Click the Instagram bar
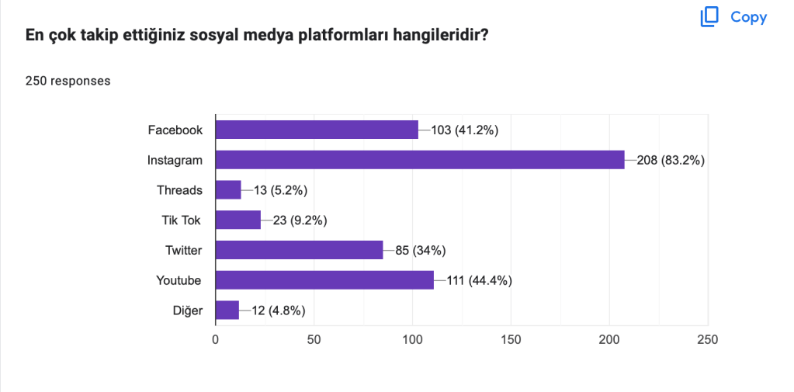point(419,160)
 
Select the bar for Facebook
point(317,130)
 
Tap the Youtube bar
point(324,280)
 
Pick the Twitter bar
point(299,250)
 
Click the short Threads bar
point(228,190)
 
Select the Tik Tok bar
point(238,220)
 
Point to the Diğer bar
point(227,310)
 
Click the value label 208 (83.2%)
point(670,161)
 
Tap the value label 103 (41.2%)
point(464,130)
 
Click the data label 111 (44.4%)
point(479,281)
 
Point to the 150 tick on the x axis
point(511,339)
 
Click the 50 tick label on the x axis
point(314,339)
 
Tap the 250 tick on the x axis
point(707,339)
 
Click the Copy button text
point(748,17)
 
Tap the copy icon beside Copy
point(709,17)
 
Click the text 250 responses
point(68,81)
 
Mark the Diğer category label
point(187,310)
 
